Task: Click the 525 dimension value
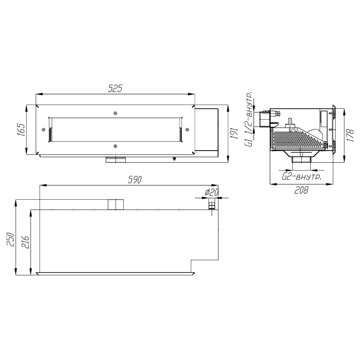115,88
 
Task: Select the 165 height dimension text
21,130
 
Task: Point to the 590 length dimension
135,180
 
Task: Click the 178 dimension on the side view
351,135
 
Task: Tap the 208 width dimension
301,190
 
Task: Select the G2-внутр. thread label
301,177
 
